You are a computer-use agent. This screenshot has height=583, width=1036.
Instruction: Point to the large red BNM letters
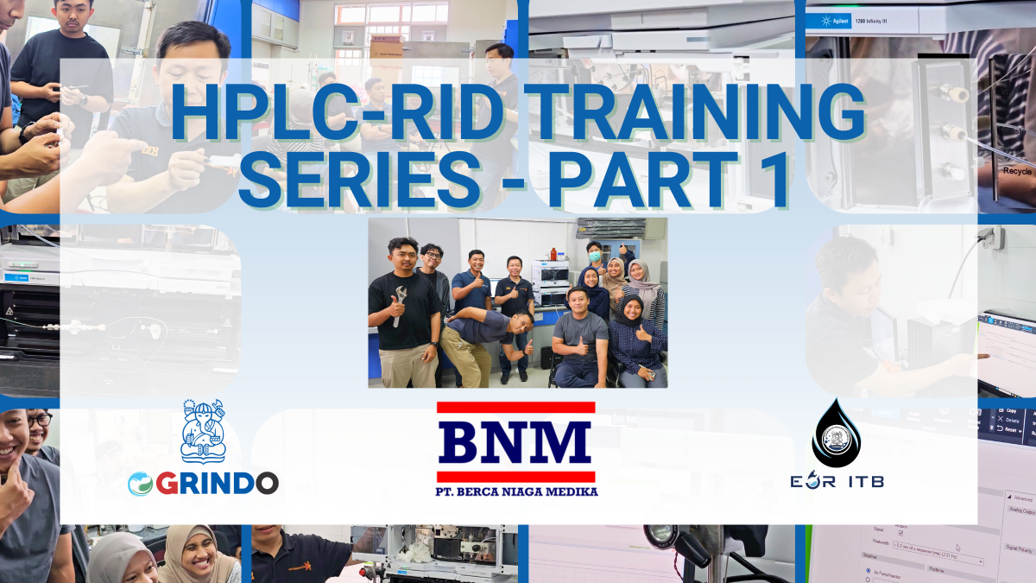(515, 441)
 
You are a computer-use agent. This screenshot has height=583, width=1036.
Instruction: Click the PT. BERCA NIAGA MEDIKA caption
(516, 491)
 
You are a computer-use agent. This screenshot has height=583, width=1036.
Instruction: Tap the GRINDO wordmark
(203, 483)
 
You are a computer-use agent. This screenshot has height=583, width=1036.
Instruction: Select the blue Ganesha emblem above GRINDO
(203, 432)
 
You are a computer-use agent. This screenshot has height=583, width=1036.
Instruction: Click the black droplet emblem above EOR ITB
(836, 434)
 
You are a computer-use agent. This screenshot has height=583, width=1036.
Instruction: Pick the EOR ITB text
(836, 481)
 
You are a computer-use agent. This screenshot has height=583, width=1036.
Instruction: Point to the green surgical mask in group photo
(594, 257)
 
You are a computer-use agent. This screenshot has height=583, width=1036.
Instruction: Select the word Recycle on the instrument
(1016, 171)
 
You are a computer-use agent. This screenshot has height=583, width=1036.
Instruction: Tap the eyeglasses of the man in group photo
(433, 255)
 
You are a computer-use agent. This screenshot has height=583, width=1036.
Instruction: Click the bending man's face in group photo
(519, 324)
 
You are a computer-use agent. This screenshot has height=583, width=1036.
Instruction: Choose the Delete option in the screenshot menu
(1010, 419)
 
